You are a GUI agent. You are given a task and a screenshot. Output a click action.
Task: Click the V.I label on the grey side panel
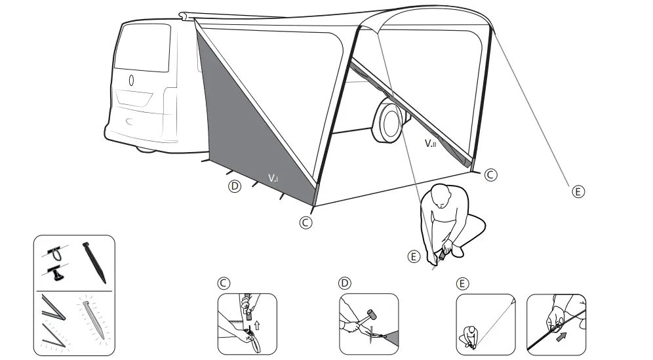tap(273, 177)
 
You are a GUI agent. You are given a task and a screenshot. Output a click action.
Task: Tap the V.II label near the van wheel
tap(430, 142)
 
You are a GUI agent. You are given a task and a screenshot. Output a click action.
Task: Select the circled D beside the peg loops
tap(235, 186)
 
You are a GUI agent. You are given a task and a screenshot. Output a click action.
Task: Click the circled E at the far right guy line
tap(577, 191)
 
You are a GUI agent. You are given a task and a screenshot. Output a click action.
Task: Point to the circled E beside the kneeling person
tap(412, 256)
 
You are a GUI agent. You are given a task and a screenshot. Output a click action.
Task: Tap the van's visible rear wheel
tap(389, 121)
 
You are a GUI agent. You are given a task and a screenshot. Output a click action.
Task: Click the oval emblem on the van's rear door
tap(131, 81)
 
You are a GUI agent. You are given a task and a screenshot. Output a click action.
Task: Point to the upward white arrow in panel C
tap(256, 323)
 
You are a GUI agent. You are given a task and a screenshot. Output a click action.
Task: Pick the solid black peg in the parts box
tap(94, 262)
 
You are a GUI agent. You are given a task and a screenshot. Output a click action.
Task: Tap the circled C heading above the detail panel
tap(224, 283)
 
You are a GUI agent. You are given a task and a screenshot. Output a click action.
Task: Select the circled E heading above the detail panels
tap(462, 283)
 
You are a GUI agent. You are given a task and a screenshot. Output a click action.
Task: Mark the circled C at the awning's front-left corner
tap(304, 222)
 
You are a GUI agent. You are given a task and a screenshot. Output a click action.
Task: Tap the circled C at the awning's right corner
tap(491, 175)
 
